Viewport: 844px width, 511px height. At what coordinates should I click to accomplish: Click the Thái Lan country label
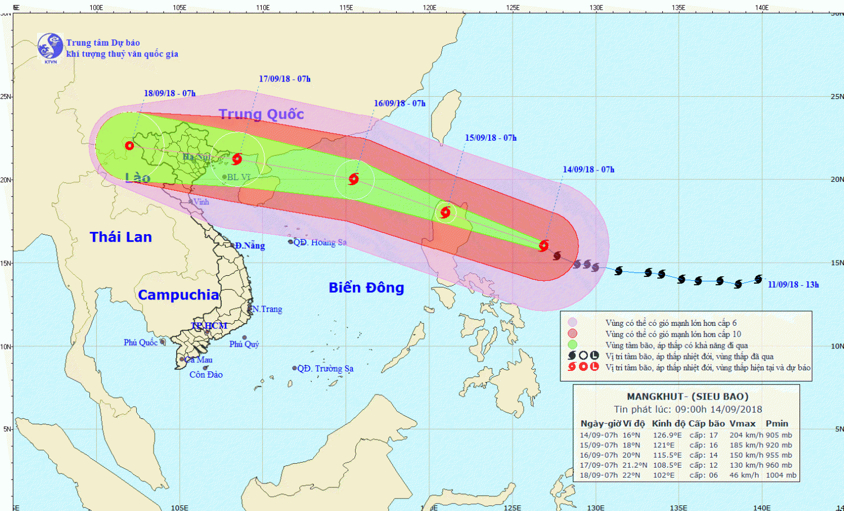pyautogui.click(x=121, y=237)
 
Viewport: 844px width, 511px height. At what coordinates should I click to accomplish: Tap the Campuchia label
pyautogui.click(x=178, y=295)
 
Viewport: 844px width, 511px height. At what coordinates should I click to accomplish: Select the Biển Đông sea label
pyautogui.click(x=366, y=288)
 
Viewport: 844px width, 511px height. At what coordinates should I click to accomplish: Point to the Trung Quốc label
pyautogui.click(x=261, y=114)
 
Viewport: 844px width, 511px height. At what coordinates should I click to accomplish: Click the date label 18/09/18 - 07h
pyautogui.click(x=169, y=93)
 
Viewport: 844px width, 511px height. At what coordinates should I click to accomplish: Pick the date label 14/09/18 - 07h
pyautogui.click(x=588, y=169)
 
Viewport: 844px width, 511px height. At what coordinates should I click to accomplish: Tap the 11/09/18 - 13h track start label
pyautogui.click(x=793, y=285)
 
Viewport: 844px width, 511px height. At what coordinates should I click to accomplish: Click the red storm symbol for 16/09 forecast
pyautogui.click(x=353, y=179)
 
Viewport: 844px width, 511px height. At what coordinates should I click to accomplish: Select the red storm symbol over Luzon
pyautogui.click(x=445, y=212)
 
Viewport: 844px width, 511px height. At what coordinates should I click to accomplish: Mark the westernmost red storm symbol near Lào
pyautogui.click(x=129, y=145)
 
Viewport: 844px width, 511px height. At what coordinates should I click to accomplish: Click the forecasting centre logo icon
pyautogui.click(x=50, y=47)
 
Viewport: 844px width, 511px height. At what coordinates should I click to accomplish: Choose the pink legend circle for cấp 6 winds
pyautogui.click(x=572, y=322)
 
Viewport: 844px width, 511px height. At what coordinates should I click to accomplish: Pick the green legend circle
pyautogui.click(x=572, y=344)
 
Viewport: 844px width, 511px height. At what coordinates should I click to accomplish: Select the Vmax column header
pyautogui.click(x=742, y=424)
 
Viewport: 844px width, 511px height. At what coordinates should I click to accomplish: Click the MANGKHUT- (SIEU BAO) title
pyautogui.click(x=687, y=396)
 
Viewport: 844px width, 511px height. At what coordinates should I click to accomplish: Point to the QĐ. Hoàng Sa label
pyautogui.click(x=320, y=242)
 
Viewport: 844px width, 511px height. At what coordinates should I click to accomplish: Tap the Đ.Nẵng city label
pyautogui.click(x=250, y=245)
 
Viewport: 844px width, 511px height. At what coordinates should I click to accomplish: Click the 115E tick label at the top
pyautogui.click(x=346, y=7)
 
